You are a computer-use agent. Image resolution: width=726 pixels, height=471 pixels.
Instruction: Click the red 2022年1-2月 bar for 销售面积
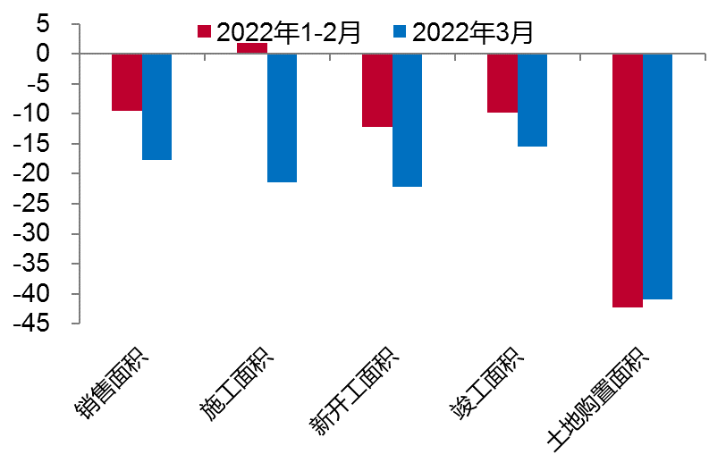(127, 82)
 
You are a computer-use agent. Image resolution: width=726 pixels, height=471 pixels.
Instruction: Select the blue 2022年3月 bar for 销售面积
(156, 107)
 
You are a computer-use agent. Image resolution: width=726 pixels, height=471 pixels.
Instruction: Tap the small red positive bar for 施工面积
(252, 48)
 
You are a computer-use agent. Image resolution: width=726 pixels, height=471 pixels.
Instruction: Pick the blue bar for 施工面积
(282, 118)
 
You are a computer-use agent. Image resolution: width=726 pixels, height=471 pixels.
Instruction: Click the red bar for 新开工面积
(377, 90)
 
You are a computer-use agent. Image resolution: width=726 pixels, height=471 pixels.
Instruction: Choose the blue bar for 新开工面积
(407, 121)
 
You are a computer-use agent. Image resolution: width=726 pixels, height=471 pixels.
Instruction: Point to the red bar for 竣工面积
(502, 83)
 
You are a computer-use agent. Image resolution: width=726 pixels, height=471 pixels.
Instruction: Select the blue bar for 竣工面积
(532, 100)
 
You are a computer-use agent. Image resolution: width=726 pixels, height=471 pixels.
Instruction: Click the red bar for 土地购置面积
(628, 181)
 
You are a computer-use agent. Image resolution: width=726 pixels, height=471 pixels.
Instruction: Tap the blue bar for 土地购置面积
(657, 177)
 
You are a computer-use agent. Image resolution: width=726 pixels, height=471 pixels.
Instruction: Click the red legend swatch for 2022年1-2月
(205, 33)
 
